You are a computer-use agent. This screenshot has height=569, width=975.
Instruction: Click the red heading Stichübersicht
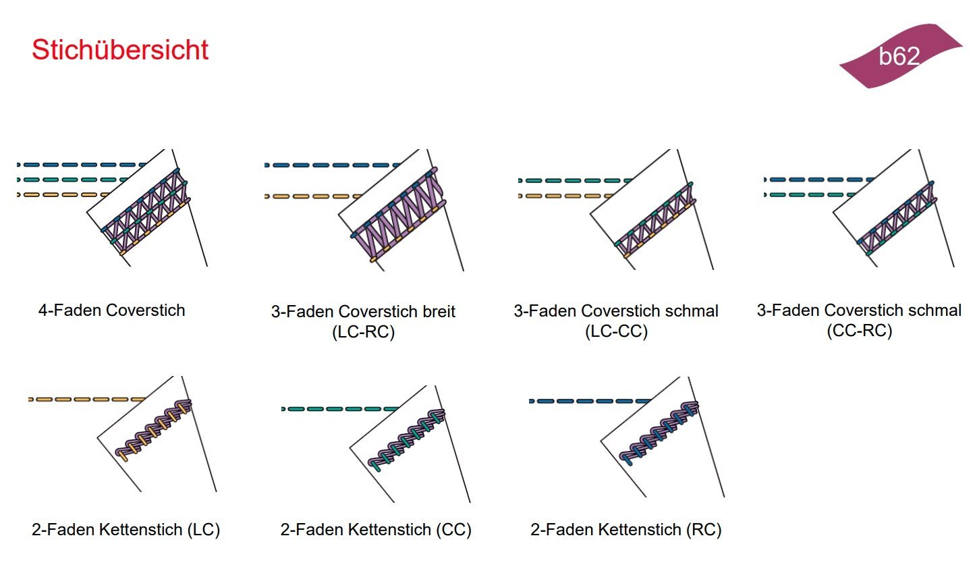(x=120, y=50)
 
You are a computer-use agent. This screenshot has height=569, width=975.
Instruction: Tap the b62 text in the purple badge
(x=899, y=56)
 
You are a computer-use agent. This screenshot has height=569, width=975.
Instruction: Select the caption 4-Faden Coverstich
(x=111, y=310)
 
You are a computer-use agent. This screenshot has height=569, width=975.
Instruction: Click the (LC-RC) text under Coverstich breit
(x=363, y=332)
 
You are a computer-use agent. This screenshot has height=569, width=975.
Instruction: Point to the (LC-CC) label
(x=616, y=331)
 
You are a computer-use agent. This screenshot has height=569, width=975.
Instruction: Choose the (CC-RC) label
(x=859, y=331)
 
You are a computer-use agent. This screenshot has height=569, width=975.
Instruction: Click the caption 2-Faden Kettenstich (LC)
(x=126, y=530)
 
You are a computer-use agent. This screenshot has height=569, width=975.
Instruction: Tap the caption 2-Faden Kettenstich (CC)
(x=376, y=530)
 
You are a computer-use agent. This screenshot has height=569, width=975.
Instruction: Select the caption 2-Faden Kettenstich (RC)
(x=625, y=530)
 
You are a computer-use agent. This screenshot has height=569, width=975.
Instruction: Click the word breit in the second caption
(x=439, y=311)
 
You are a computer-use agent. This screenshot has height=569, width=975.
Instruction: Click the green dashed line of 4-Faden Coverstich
(x=74, y=180)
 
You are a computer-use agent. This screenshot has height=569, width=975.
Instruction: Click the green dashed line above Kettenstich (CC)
(x=337, y=409)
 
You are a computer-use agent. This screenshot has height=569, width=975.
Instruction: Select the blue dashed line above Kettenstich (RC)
(x=587, y=402)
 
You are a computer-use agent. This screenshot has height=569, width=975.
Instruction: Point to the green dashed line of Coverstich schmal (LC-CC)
(x=574, y=181)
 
